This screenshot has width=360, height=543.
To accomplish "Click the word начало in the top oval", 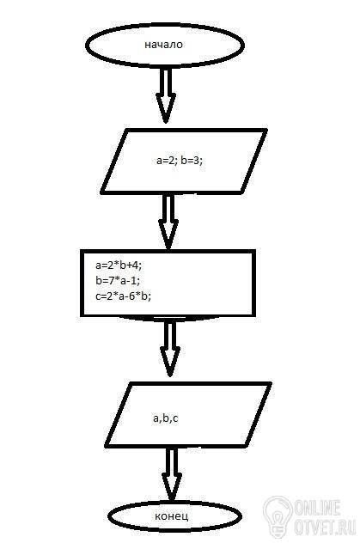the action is [163, 45].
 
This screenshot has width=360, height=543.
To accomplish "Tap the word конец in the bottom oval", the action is [172, 516].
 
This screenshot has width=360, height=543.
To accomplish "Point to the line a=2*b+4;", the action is [119, 265].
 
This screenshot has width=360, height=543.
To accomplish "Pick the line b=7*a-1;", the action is [118, 280].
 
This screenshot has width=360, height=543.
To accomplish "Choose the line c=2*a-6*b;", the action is [123, 296].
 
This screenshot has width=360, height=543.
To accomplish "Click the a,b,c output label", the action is [166, 418].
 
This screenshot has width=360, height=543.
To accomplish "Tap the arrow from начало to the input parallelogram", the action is [166, 95].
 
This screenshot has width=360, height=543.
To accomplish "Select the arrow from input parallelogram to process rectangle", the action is [168, 222].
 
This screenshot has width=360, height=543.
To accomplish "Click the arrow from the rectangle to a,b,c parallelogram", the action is [170, 349].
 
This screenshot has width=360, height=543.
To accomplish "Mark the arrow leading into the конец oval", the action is [172, 474].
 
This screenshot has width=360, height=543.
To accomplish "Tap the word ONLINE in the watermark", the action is [318, 508].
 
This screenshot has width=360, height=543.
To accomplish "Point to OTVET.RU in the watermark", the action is [325, 527].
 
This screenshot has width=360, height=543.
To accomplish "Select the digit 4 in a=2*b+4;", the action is [137, 265].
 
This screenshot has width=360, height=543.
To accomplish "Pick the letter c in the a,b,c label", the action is [175, 419].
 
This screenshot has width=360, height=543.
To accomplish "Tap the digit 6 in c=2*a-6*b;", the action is [132, 296].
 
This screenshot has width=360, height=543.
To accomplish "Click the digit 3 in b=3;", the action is [197, 161].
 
